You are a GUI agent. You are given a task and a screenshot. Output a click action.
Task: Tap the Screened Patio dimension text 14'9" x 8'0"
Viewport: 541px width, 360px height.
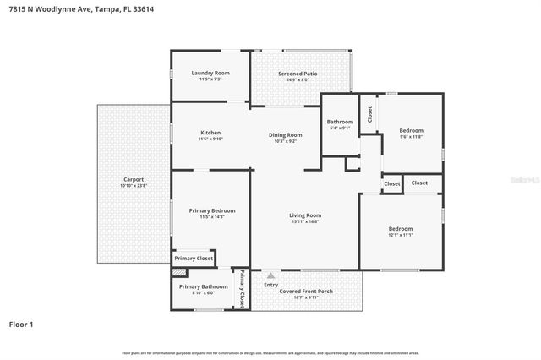pyautogui.click(x=298, y=80)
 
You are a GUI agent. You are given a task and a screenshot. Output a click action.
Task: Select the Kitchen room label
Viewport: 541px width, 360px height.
pyautogui.click(x=210, y=133)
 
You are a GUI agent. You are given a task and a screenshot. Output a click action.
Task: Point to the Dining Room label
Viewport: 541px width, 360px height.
pyautogui.click(x=285, y=135)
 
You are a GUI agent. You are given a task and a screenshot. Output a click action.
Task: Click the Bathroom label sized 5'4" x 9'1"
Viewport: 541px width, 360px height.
pyautogui.click(x=340, y=122)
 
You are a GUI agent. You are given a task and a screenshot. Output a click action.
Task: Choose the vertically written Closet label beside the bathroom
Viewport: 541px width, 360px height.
pyautogui.click(x=369, y=113)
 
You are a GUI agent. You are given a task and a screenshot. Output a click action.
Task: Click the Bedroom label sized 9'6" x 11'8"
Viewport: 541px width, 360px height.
pyautogui.click(x=411, y=130)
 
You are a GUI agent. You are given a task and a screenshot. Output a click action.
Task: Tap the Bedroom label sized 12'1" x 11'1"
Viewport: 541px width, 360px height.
pyautogui.click(x=400, y=229)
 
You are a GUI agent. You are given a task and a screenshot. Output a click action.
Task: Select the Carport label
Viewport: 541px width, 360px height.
pyautogui.click(x=134, y=179)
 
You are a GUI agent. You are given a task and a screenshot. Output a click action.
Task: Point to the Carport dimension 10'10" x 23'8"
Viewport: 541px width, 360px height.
pyautogui.click(x=134, y=186)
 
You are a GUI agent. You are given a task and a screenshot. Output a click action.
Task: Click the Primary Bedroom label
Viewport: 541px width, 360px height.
pyautogui.click(x=211, y=210)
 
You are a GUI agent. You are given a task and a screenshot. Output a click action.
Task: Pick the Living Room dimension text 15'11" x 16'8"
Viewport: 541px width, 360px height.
pyautogui.click(x=305, y=222)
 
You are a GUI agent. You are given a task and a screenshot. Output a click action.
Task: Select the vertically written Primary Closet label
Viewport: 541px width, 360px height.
pyautogui.click(x=241, y=288)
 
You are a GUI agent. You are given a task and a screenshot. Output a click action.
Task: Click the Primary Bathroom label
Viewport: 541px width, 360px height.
pyautogui.click(x=203, y=286)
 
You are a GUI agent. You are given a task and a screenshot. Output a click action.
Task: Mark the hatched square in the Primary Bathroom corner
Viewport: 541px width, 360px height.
pyautogui.click(x=178, y=272)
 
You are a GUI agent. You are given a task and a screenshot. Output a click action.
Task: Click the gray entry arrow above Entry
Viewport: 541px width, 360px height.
pyautogui.click(x=270, y=275)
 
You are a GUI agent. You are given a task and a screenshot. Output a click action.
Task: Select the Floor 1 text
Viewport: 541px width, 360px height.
pyautogui.click(x=21, y=324)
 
